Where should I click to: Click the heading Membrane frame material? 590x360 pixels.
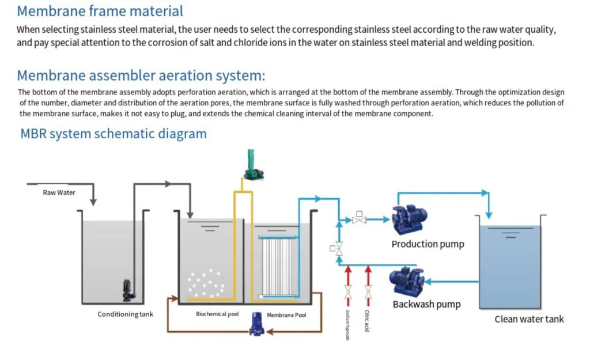pyautogui.click(x=100, y=10)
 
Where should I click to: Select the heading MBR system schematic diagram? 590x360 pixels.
pyautogui.click(x=113, y=134)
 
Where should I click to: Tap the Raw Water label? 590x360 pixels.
pyautogui.click(x=59, y=192)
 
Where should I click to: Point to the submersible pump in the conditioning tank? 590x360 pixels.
pyautogui.click(x=127, y=290)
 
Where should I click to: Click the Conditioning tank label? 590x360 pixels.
pyautogui.click(x=126, y=314)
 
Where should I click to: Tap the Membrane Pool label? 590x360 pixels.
pyautogui.click(x=286, y=315)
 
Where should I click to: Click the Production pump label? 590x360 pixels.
pyautogui.click(x=428, y=244)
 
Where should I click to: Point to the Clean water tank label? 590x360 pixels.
pyautogui.click(x=529, y=319)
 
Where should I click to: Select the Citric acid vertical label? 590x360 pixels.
pyautogui.click(x=367, y=321)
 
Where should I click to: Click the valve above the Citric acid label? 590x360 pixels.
pyautogui.click(x=368, y=293)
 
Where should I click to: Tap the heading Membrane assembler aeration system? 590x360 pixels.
pyautogui.click(x=141, y=75)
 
